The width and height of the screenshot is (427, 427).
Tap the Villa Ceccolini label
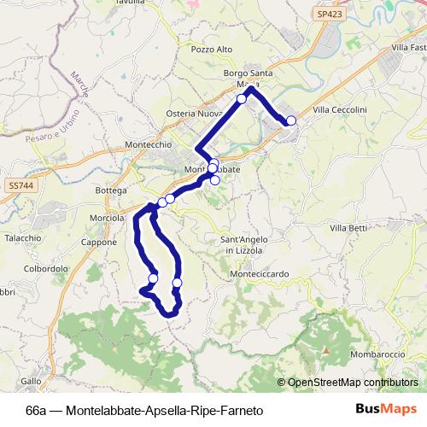pyautogui.click(x=340, y=110)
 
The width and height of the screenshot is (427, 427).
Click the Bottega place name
pyautogui.click(x=112, y=190)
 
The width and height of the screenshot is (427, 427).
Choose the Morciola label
pyautogui.click(x=107, y=218)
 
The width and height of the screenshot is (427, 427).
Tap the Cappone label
pyautogui.click(x=99, y=243)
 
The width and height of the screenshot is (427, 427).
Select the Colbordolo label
pyautogui.click(x=46, y=268)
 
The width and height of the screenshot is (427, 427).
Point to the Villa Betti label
pyautogui.click(x=348, y=228)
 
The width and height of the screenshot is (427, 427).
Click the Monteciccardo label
pyautogui.click(x=260, y=274)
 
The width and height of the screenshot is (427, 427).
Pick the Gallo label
pyautogui.click(x=30, y=381)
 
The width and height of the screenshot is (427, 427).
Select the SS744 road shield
pyautogui.click(x=19, y=184)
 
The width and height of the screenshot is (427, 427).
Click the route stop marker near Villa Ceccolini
pyautogui.click(x=291, y=120)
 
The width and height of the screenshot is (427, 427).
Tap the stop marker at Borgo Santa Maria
pyautogui.click(x=242, y=99)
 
